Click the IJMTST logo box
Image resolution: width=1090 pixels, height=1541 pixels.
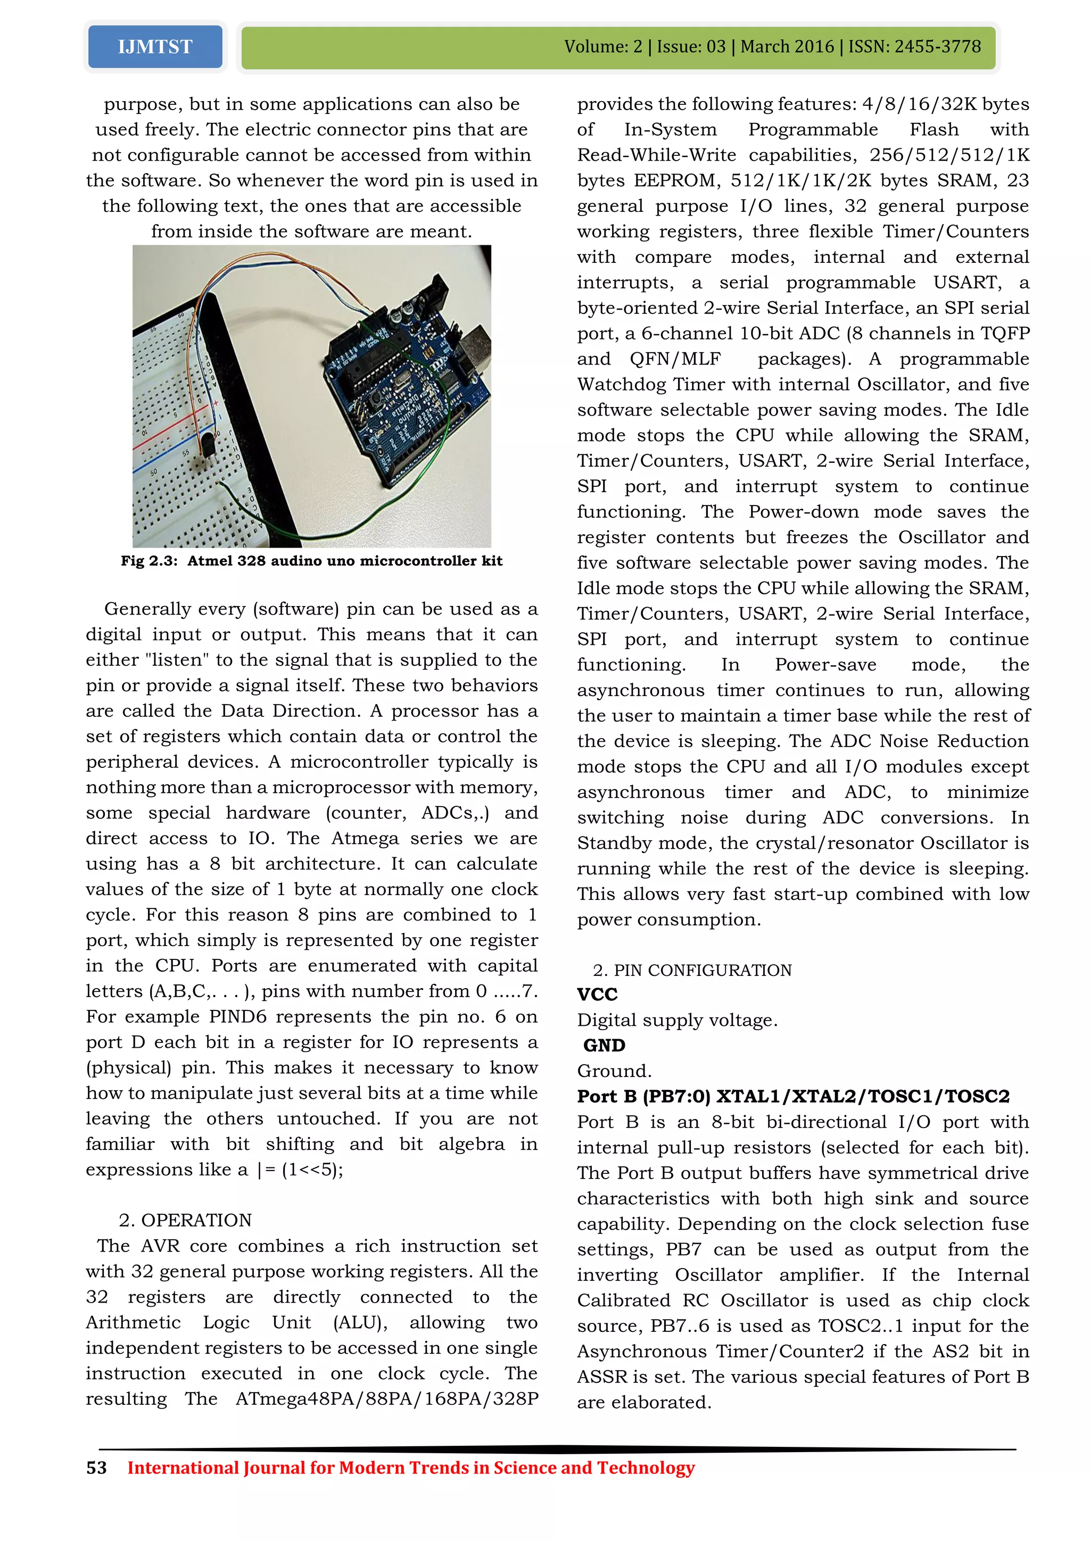click(155, 46)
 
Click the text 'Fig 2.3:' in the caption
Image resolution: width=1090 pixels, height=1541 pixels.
click(149, 561)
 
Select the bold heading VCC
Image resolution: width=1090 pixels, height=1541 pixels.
click(597, 995)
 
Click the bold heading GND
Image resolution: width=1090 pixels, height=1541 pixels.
click(604, 1046)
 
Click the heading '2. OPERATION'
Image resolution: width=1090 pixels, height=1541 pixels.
click(185, 1220)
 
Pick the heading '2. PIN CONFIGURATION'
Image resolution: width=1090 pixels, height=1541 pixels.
click(692, 970)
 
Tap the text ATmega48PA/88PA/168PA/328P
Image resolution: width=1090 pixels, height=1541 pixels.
click(386, 1399)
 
